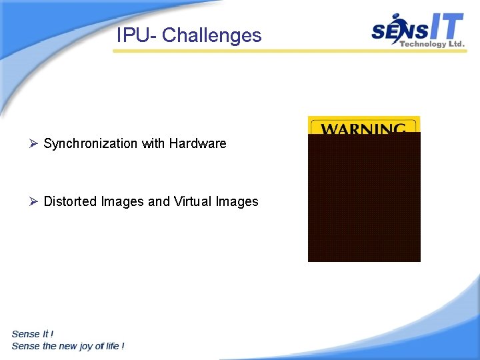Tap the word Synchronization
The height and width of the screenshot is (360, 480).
pos(90,143)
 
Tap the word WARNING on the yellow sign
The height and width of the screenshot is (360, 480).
pos(363,128)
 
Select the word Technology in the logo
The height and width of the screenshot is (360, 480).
pos(422,44)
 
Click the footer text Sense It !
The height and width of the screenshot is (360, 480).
pos(33,334)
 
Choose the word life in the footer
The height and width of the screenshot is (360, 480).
pos(111,346)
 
